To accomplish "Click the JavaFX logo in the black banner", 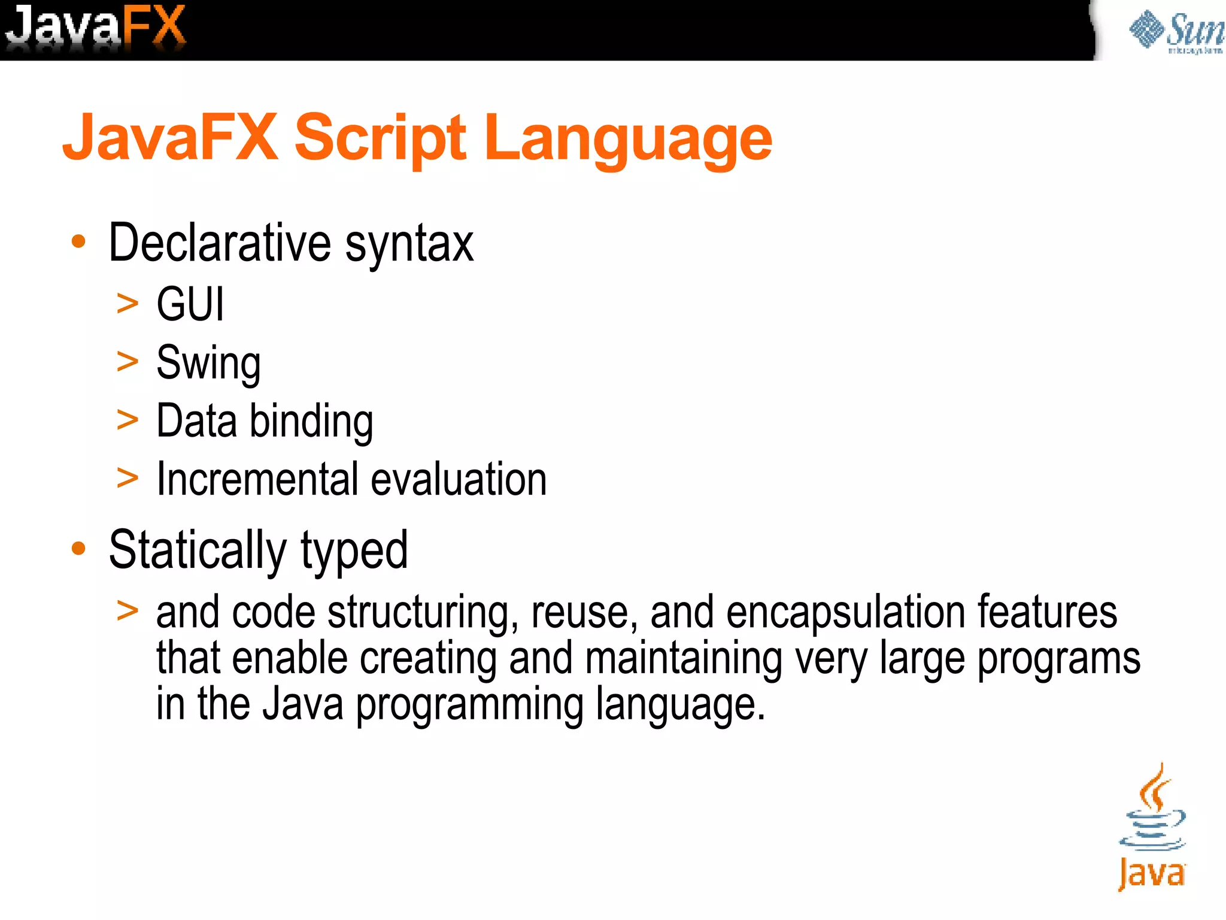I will (x=96, y=27).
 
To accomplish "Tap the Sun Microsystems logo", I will (x=1176, y=31).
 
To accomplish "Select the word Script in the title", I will (x=380, y=139).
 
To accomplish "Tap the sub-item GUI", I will (x=190, y=304).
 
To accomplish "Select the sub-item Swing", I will (x=208, y=363).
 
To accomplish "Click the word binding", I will (x=311, y=421).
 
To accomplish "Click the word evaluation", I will (x=459, y=479).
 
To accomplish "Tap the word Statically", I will (x=198, y=550).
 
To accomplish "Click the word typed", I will (x=354, y=551).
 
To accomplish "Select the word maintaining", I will (x=684, y=658).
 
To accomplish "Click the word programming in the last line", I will (x=470, y=704).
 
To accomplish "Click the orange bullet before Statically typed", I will (x=78, y=548).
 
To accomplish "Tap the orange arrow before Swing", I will (x=128, y=362).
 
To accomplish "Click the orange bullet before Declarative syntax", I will (x=78, y=241).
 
